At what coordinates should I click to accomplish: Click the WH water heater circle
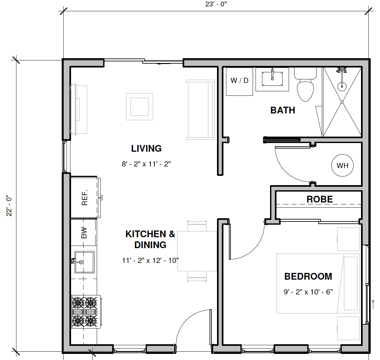coord(342,166)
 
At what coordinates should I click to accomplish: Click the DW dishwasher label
coord(84,233)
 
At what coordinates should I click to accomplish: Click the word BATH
coord(283,110)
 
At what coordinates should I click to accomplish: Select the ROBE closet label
coord(320,199)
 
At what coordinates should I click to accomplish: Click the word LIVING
coord(146,148)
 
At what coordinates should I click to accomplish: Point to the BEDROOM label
coord(308,276)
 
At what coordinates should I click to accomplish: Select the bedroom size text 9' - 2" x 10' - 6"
coord(308,292)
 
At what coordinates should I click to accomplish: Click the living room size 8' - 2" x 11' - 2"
coord(146,164)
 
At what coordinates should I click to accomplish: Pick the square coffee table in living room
coord(140,106)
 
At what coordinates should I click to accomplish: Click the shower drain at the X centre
coord(342,102)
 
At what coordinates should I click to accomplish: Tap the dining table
coord(193,251)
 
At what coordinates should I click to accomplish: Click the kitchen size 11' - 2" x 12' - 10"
coord(150,260)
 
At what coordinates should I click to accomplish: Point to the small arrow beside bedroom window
coord(373,304)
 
